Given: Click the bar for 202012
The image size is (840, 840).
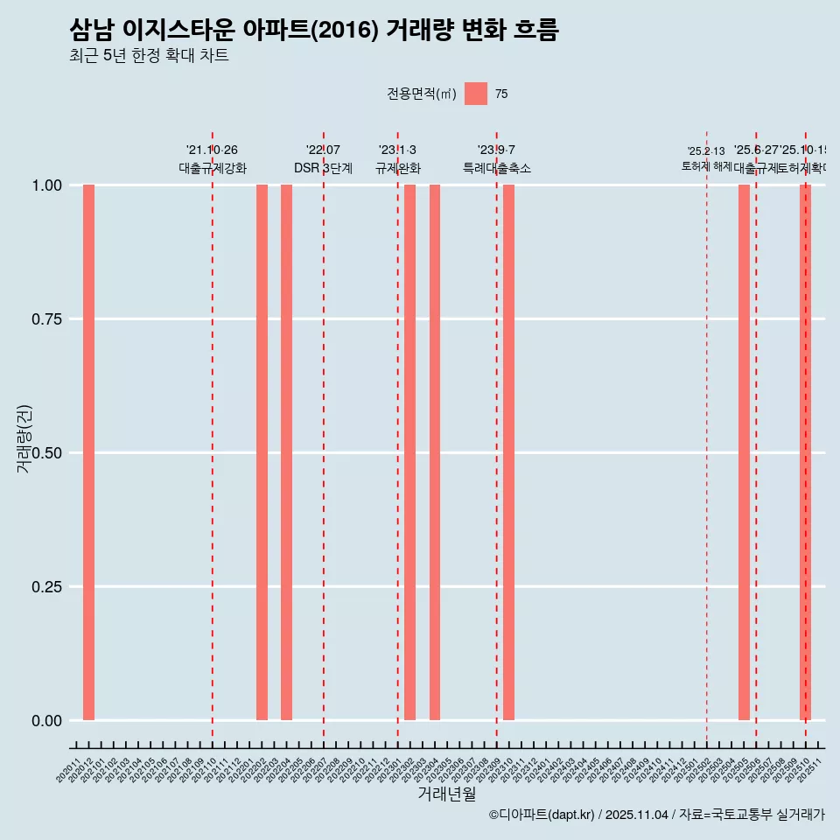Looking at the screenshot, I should click(x=88, y=452).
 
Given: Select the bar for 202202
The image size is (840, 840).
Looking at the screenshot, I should click(x=262, y=452).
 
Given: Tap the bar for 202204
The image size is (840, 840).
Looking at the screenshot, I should click(x=286, y=452).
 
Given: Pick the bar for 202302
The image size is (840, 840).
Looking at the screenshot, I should click(x=409, y=452).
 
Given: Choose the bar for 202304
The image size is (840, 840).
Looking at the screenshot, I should click(x=435, y=452).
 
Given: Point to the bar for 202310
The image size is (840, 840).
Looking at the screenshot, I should click(x=508, y=452).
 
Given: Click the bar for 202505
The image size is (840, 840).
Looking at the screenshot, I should click(x=744, y=452).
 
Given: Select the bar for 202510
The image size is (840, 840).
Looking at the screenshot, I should click(x=805, y=452).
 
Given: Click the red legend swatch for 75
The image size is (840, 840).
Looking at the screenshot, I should click(x=476, y=94).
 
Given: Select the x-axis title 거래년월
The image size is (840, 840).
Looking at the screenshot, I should click(x=446, y=794).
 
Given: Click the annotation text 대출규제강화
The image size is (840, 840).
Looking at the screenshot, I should click(x=213, y=168).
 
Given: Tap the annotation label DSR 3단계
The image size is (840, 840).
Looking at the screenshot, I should click(x=323, y=168).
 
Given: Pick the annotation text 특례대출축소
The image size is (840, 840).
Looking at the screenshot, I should click(x=497, y=168).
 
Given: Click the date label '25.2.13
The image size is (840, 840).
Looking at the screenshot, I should click(x=705, y=151).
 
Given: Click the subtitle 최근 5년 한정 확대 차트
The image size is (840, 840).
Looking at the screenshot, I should click(x=149, y=56).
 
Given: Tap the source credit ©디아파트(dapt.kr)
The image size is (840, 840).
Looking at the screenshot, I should click(x=542, y=815).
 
